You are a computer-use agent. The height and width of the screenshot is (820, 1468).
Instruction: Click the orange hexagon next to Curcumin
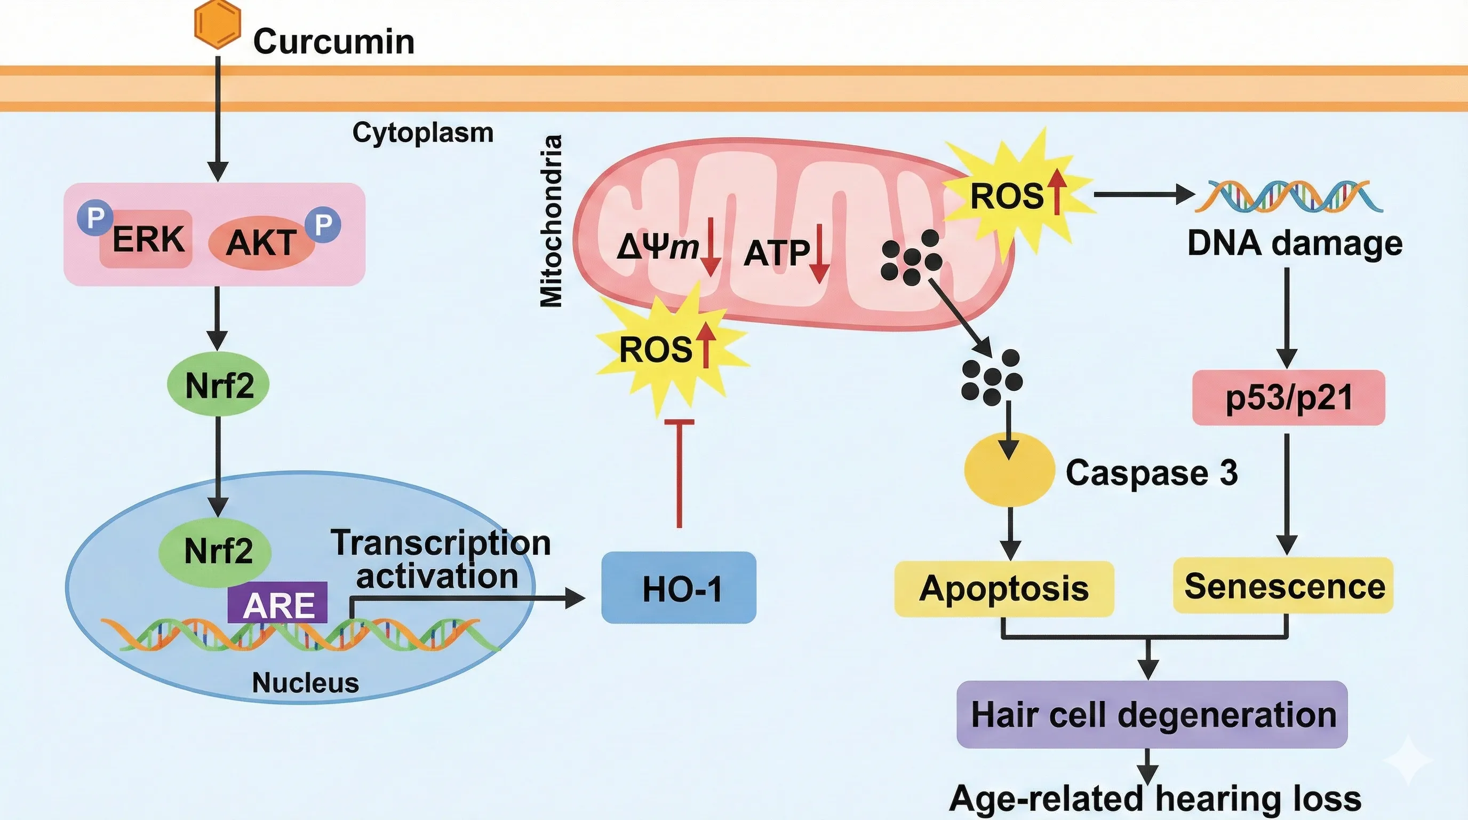pyautogui.click(x=217, y=25)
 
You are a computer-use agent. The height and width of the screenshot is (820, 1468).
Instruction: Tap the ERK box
pyautogui.click(x=147, y=239)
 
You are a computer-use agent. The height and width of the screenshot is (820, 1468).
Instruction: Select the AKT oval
pyautogui.click(x=261, y=243)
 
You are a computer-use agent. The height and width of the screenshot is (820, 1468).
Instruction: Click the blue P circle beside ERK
pyautogui.click(x=94, y=217)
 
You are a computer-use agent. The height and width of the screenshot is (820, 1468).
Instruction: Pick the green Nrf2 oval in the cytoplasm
pyautogui.click(x=218, y=385)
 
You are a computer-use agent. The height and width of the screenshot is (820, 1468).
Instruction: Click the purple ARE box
pyautogui.click(x=277, y=603)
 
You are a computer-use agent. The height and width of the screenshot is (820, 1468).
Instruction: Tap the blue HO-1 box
pyautogui.click(x=679, y=588)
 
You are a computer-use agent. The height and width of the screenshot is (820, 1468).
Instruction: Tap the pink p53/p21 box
pyautogui.click(x=1288, y=398)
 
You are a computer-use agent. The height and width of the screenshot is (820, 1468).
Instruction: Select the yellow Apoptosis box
pyautogui.click(x=1003, y=588)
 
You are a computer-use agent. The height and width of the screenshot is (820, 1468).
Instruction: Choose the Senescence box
pyautogui.click(x=1283, y=586)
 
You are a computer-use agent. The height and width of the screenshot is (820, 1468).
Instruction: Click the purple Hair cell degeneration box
pyautogui.click(x=1152, y=714)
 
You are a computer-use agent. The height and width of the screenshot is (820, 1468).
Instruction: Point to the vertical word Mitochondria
pyautogui.click(x=551, y=221)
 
